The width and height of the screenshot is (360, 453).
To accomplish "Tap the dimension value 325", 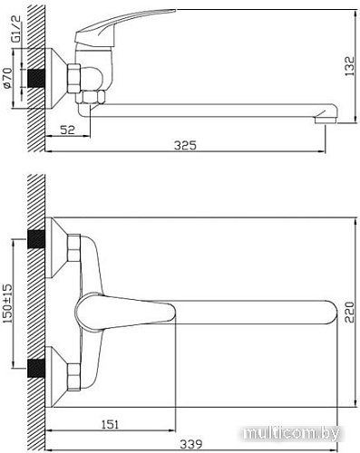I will [x=185, y=145].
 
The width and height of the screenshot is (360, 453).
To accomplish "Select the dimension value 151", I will [x=108, y=424].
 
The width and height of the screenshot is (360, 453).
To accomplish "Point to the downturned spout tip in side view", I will [x=326, y=115].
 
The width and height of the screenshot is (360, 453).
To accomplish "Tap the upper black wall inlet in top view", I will [x=37, y=240].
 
